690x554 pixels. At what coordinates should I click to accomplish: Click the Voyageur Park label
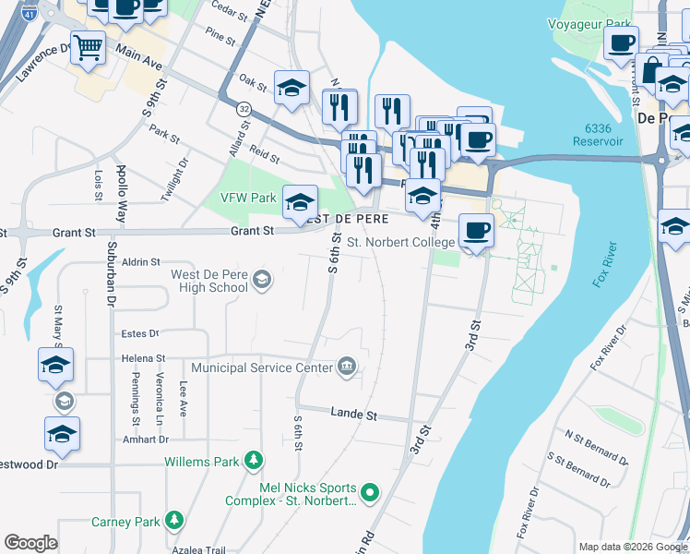(589, 24)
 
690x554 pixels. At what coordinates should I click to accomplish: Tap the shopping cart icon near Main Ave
(88, 47)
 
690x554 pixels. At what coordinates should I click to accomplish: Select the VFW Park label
(248, 198)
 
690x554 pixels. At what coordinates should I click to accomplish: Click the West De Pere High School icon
(262, 280)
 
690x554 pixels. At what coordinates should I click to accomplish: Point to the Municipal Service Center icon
(346, 367)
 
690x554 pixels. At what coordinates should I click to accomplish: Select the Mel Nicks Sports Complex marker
(369, 493)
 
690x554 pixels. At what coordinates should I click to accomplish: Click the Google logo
(30, 543)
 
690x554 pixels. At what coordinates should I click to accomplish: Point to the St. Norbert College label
(400, 243)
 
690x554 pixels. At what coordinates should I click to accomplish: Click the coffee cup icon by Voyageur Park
(621, 42)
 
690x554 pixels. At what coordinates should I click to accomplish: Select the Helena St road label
(142, 358)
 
